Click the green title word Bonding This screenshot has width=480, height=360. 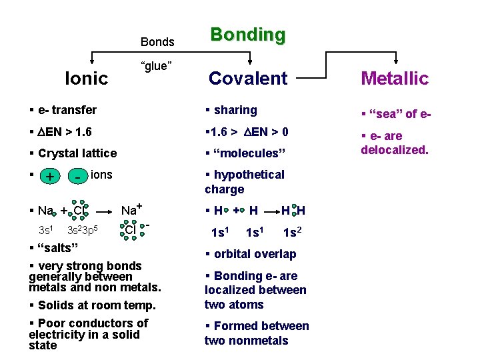coord(247,35)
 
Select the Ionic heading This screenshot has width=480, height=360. coord(86,79)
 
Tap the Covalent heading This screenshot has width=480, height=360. coord(248,79)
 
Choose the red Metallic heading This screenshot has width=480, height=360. coord(395,79)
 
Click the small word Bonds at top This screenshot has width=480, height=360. coord(157,42)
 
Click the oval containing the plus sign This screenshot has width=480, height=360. coord(48,177)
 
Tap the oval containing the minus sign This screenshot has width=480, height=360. coord(79,177)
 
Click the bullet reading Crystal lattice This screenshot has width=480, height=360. coord(77,153)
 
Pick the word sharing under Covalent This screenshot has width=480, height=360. coord(235,110)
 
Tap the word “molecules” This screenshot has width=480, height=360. coord(249,153)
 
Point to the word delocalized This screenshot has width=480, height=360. coord(394,149)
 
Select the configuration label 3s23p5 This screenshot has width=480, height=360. coord(83,231)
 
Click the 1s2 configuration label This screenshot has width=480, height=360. coord(291,233)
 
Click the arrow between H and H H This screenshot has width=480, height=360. coord(271,211)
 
